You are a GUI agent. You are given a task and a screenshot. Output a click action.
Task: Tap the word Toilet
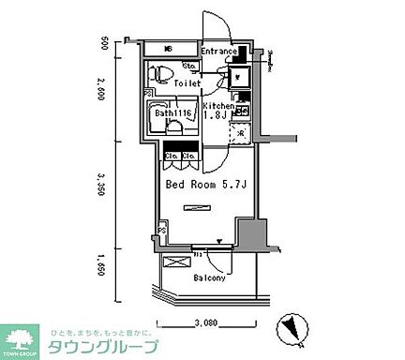click(187, 82)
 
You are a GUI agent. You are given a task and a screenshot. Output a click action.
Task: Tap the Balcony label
click(209, 278)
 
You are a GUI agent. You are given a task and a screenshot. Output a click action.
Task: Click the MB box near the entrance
click(169, 49)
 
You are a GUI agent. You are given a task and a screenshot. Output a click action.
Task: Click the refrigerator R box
click(240, 132)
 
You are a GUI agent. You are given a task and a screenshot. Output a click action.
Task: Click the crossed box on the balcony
click(173, 263)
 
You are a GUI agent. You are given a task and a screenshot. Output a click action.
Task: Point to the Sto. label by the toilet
click(187, 66)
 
